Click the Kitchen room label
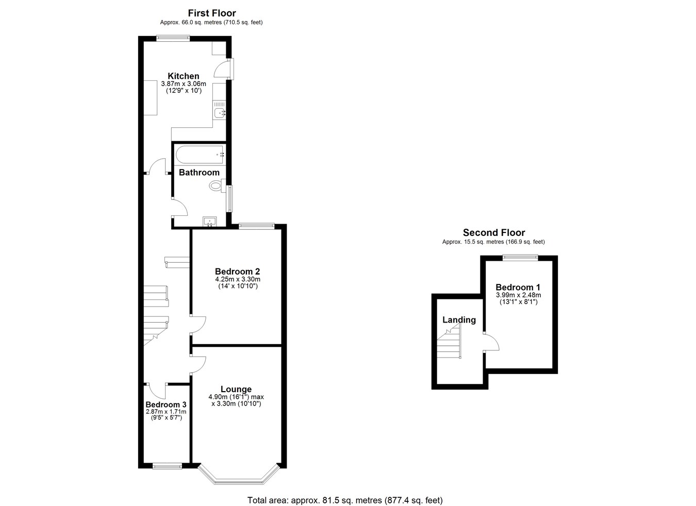[x=183, y=76]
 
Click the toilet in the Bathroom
[x=216, y=185]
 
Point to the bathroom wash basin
[x=210, y=222]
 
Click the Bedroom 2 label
[x=237, y=272]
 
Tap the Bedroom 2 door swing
[x=198, y=324]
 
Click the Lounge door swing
[x=198, y=364]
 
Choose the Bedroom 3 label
[x=165, y=404]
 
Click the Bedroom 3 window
[x=167, y=466]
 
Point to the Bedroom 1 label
[x=518, y=287]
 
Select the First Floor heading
[x=211, y=13]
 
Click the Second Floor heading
[x=493, y=232]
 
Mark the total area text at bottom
[x=344, y=500]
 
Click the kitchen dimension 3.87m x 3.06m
[x=183, y=84]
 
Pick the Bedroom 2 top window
[x=257, y=225]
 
